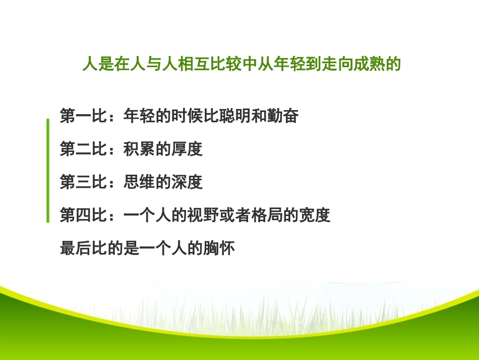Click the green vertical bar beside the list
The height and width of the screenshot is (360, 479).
[x=48, y=171]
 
